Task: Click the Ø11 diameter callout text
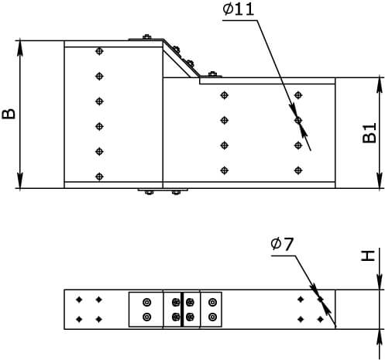[x=239, y=9]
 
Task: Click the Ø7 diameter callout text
[x=282, y=244]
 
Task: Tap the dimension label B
[x=9, y=114]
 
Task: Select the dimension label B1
[x=370, y=133]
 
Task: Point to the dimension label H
[x=368, y=255]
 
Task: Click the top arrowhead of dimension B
[x=20, y=48]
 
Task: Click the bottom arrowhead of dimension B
[x=20, y=180]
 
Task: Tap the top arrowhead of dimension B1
[x=379, y=85]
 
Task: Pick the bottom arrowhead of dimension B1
[x=379, y=180]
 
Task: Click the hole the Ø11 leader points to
[x=298, y=120]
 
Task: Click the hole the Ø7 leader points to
[x=321, y=300]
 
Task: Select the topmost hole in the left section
[x=99, y=51]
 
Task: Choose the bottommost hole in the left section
[x=99, y=177]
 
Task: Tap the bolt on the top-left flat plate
[x=146, y=36]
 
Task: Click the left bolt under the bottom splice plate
[x=149, y=192]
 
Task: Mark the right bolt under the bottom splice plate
[x=176, y=192]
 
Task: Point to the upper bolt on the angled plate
[x=177, y=50]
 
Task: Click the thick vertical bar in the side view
[x=182, y=310]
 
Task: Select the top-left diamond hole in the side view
[x=79, y=300]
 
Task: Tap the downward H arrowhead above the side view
[x=379, y=282]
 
